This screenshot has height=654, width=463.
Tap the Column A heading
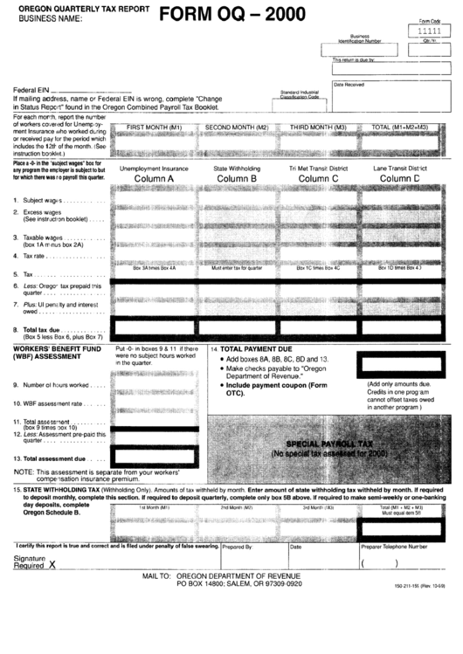pos(153,179)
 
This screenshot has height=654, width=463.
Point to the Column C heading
pos(318,179)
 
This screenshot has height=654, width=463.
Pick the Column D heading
pos(399,179)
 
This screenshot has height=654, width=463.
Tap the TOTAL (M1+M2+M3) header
pos(399,127)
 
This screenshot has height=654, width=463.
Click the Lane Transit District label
pos(399,168)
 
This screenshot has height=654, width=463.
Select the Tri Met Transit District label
pos(318,168)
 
